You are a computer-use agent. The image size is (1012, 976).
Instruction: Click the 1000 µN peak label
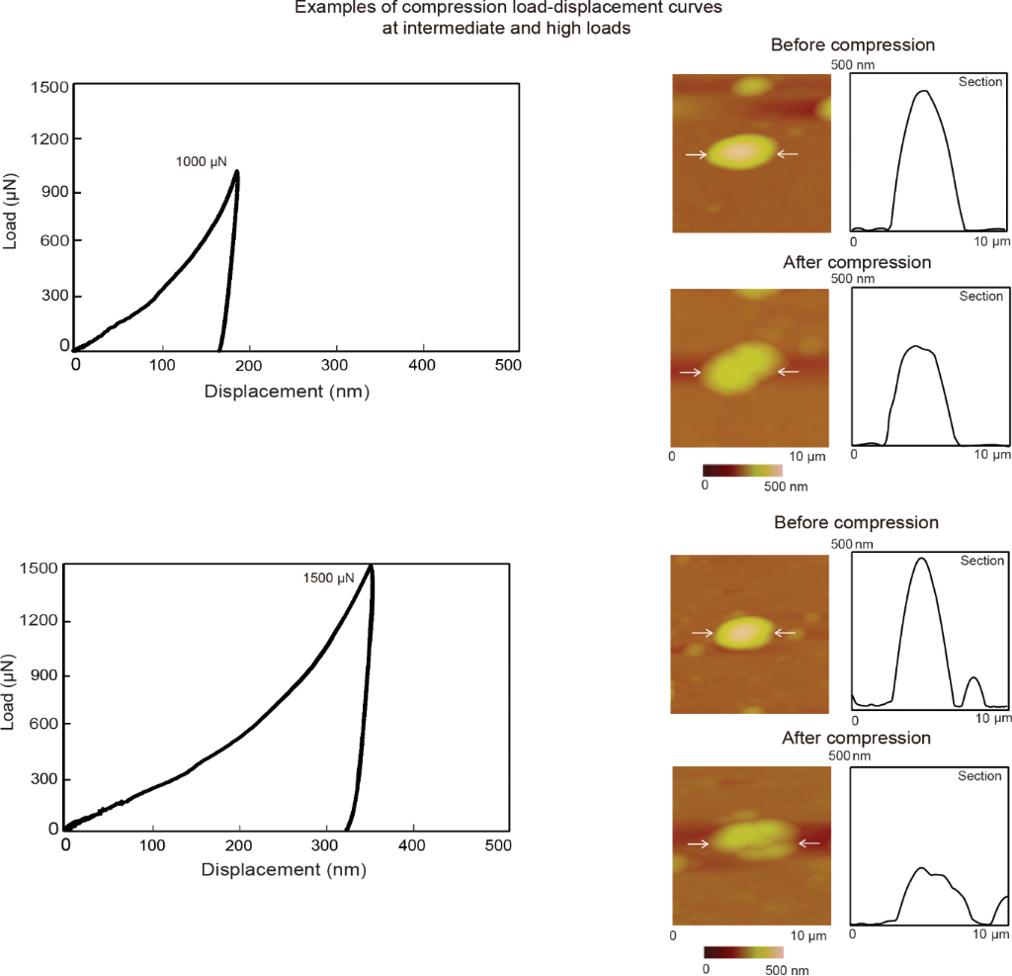[202, 160]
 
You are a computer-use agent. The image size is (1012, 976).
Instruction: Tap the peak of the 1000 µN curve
[236, 173]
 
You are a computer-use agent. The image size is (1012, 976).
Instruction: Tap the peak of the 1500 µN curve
[371, 567]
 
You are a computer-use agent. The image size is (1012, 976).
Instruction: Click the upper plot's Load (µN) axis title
[11, 211]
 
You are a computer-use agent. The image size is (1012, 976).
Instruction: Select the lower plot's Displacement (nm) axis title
[284, 870]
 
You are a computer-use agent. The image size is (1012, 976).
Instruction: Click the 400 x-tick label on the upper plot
[423, 365]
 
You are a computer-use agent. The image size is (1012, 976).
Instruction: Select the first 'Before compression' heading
[852, 44]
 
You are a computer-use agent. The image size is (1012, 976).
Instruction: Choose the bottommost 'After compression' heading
[856, 738]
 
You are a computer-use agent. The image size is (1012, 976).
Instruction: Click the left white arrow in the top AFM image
[696, 154]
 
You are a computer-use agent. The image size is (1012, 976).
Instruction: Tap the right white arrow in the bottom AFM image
[809, 843]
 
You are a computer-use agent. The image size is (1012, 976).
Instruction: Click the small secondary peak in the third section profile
[973, 678]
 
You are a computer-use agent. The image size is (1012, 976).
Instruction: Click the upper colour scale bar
[742, 470]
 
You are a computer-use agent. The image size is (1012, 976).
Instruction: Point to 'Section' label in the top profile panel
[980, 82]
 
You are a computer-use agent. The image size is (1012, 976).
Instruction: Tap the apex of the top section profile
[924, 91]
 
